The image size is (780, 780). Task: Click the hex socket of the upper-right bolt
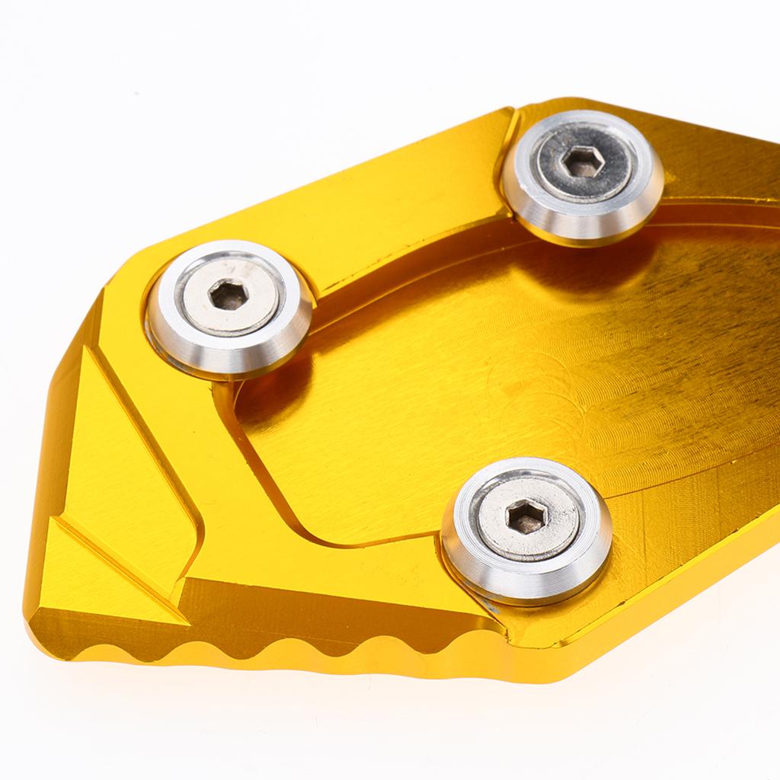[583, 161]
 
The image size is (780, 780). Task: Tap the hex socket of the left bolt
[228, 294]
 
